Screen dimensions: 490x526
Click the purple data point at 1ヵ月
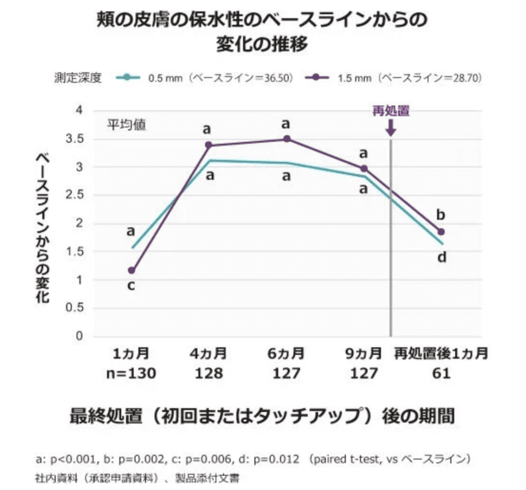click(131, 270)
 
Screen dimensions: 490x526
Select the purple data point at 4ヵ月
click(209, 145)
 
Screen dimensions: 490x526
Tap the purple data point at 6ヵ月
click(287, 139)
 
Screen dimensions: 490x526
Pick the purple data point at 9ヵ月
click(364, 168)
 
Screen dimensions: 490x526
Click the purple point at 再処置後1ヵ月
click(441, 232)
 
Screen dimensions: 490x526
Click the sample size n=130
click(131, 373)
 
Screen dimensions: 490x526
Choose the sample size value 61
click(441, 373)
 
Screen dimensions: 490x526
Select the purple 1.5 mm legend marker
click(317, 78)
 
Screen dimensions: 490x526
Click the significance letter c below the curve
click(131, 286)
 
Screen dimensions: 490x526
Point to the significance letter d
click(441, 257)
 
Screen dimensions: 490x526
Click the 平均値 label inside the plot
click(126, 125)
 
